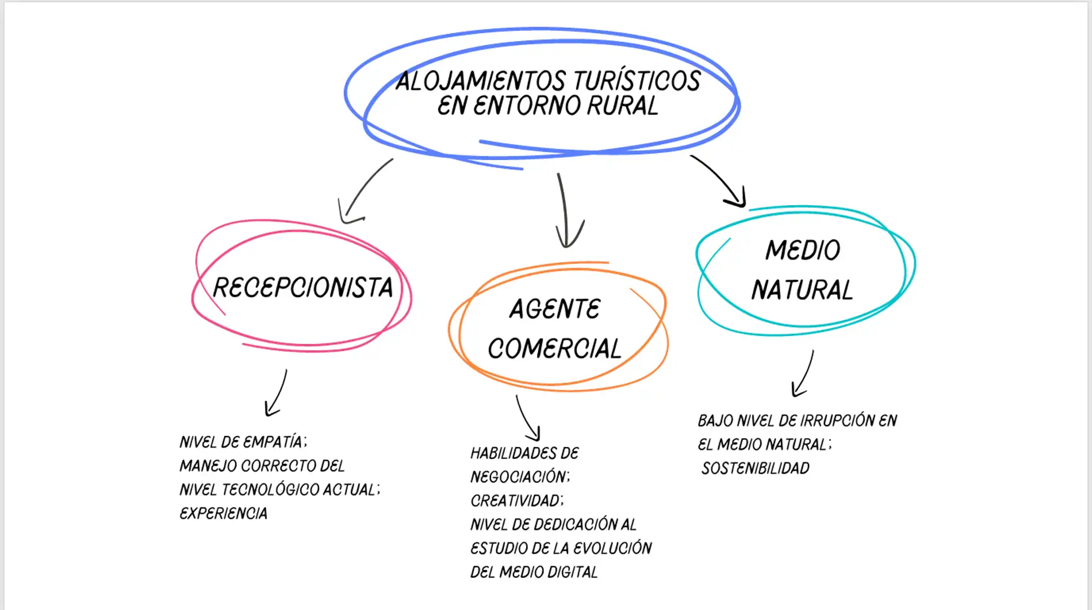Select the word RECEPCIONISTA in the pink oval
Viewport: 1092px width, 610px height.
[x=302, y=288]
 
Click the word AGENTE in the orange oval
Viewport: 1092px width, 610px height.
[x=555, y=309]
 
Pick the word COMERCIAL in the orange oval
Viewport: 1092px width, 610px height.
[x=554, y=348]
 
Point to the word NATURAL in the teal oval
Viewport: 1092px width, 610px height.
[x=802, y=290]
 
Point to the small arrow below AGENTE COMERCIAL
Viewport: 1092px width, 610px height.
[x=527, y=418]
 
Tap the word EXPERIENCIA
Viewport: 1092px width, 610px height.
[x=223, y=513]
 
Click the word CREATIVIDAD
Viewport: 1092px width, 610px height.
[x=516, y=501]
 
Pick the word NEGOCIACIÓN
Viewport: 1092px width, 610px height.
[x=519, y=477]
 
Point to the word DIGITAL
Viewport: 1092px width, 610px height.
[x=572, y=572]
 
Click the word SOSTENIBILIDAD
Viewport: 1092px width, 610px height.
[x=755, y=468]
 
